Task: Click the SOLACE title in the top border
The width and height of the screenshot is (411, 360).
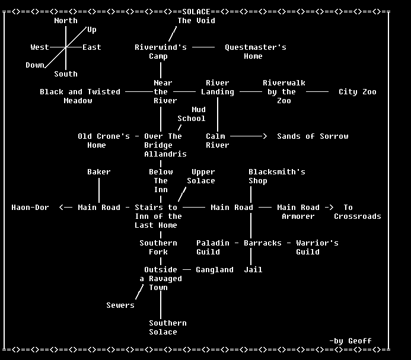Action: pyautogui.click(x=196, y=11)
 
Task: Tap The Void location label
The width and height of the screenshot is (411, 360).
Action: pyautogui.click(x=196, y=21)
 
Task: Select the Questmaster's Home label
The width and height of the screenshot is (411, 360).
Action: pyautogui.click(x=255, y=52)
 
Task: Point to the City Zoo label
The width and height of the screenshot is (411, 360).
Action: pyautogui.click(x=357, y=92)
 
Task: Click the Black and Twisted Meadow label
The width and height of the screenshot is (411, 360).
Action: pyautogui.click(x=79, y=96)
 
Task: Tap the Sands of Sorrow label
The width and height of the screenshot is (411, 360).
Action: pyautogui.click(x=313, y=136)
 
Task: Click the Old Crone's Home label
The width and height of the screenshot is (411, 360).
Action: pyautogui.click(x=103, y=141)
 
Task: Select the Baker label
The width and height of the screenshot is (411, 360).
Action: pyautogui.click(x=98, y=172)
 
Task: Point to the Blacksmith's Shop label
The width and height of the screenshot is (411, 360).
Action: pyautogui.click(x=276, y=176)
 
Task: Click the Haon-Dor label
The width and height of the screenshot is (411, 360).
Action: pyautogui.click(x=30, y=208)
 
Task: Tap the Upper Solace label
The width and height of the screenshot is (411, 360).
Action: pyautogui.click(x=201, y=176)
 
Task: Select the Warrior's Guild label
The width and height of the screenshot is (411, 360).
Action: pyautogui.click(x=317, y=247)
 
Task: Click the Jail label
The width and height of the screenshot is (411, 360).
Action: pyautogui.click(x=253, y=270)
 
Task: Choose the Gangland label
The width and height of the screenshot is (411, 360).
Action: pyautogui.click(x=215, y=270)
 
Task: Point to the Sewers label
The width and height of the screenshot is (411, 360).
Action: pyautogui.click(x=120, y=305)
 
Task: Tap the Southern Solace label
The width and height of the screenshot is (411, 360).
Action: pyautogui.click(x=167, y=327)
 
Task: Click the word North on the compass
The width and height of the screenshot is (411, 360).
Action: pyautogui.click(x=65, y=21)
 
